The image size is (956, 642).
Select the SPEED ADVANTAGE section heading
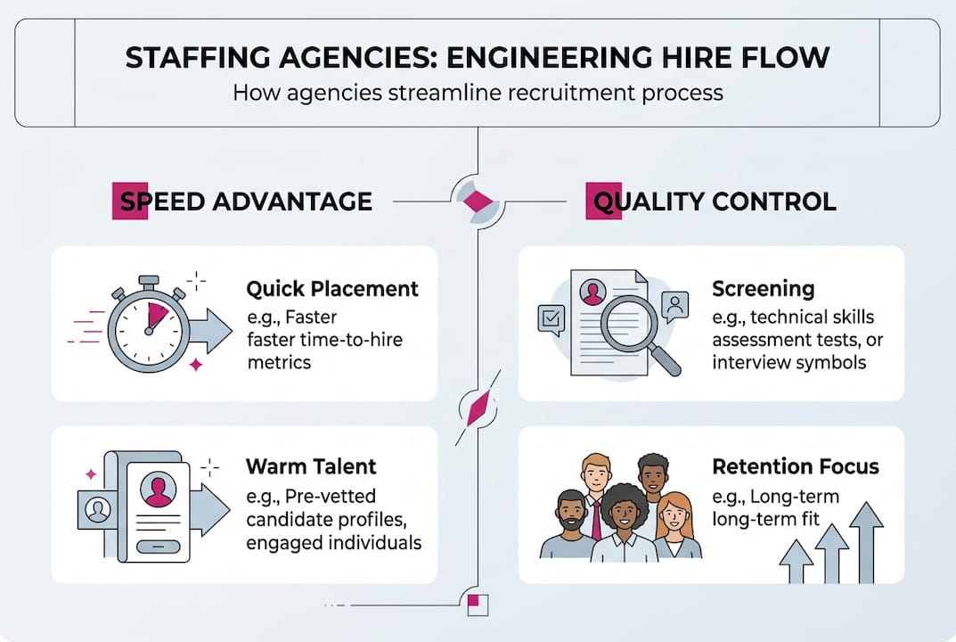click(x=241, y=202)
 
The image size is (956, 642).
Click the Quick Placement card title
click(x=331, y=289)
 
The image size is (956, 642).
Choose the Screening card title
click(x=763, y=289)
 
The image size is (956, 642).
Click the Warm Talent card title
click(x=311, y=466)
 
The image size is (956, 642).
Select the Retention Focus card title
click(x=795, y=466)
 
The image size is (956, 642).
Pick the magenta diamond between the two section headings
click(x=478, y=202)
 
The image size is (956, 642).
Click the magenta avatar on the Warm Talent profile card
click(x=159, y=491)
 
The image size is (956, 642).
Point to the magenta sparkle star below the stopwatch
click(x=196, y=365)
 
